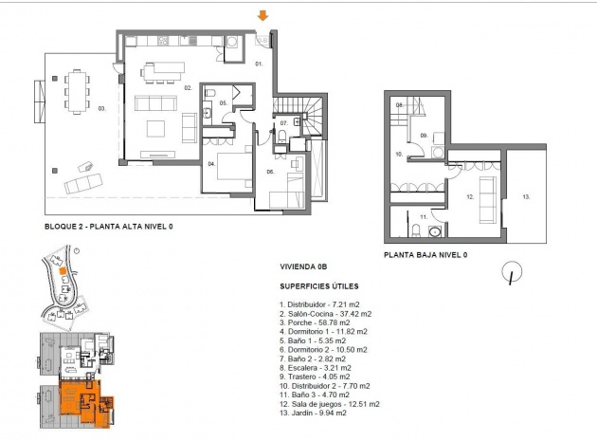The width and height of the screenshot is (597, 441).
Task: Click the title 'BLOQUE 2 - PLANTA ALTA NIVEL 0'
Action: tap(109, 228)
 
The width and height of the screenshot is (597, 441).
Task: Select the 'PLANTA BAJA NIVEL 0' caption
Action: tap(425, 255)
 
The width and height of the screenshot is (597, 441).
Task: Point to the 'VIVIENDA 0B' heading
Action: tap(303, 268)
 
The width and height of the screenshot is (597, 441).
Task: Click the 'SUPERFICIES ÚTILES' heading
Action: tap(317, 285)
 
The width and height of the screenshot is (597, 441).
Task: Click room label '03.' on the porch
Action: tap(101, 109)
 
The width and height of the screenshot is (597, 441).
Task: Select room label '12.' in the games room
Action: tap(469, 196)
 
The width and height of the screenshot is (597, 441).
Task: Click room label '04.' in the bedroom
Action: tap(212, 163)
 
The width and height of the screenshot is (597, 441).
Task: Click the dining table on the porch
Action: tap(76, 91)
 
